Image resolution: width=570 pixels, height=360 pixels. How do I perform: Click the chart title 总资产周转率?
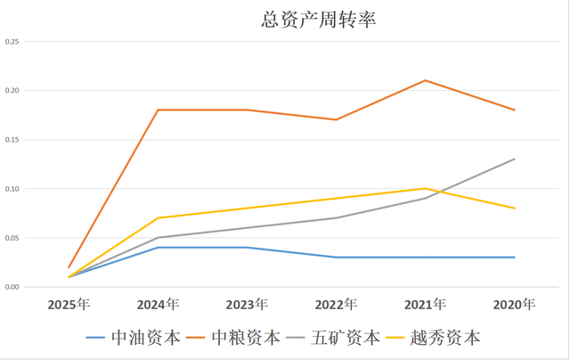pyautogui.click(x=313, y=20)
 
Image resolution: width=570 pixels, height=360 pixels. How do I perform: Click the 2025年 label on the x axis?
pyautogui.click(x=69, y=305)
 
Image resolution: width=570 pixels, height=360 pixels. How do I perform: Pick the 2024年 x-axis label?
pyautogui.click(x=158, y=305)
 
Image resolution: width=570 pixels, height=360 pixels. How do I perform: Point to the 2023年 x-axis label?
pyautogui.click(x=247, y=305)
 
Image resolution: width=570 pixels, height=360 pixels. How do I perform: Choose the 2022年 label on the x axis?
pyautogui.click(x=336, y=305)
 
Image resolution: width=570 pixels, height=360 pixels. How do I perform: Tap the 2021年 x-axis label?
pyautogui.click(x=425, y=305)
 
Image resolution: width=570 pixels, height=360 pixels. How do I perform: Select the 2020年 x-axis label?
pyautogui.click(x=514, y=305)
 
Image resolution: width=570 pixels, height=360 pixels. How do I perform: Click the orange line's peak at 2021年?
pyautogui.click(x=425, y=80)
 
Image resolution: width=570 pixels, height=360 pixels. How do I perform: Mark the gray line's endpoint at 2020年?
pyautogui.click(x=514, y=159)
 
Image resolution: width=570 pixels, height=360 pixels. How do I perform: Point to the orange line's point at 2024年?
pyautogui.click(x=158, y=110)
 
